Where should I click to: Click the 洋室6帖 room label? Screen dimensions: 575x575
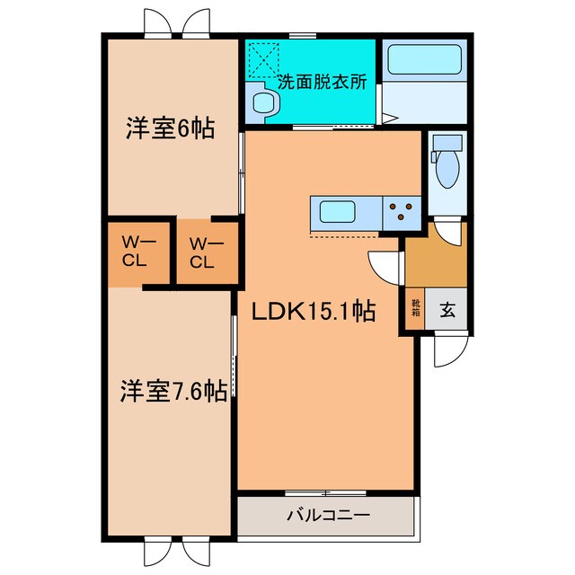click(169, 128)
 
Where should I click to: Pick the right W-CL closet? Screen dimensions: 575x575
click(201, 252)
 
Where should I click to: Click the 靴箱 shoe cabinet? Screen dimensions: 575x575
click(416, 310)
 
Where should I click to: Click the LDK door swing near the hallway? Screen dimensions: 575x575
click(385, 265)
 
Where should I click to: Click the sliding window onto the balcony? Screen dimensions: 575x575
click(325, 492)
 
